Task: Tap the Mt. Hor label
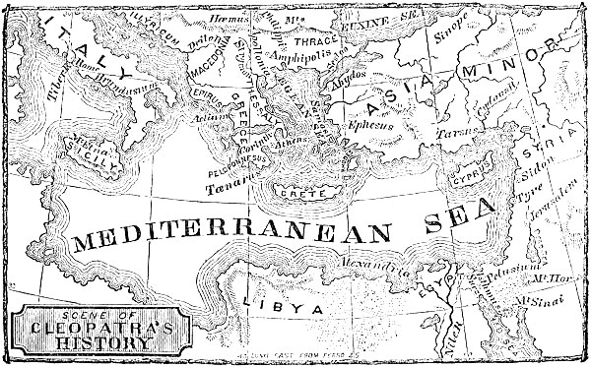coord(563,280)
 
